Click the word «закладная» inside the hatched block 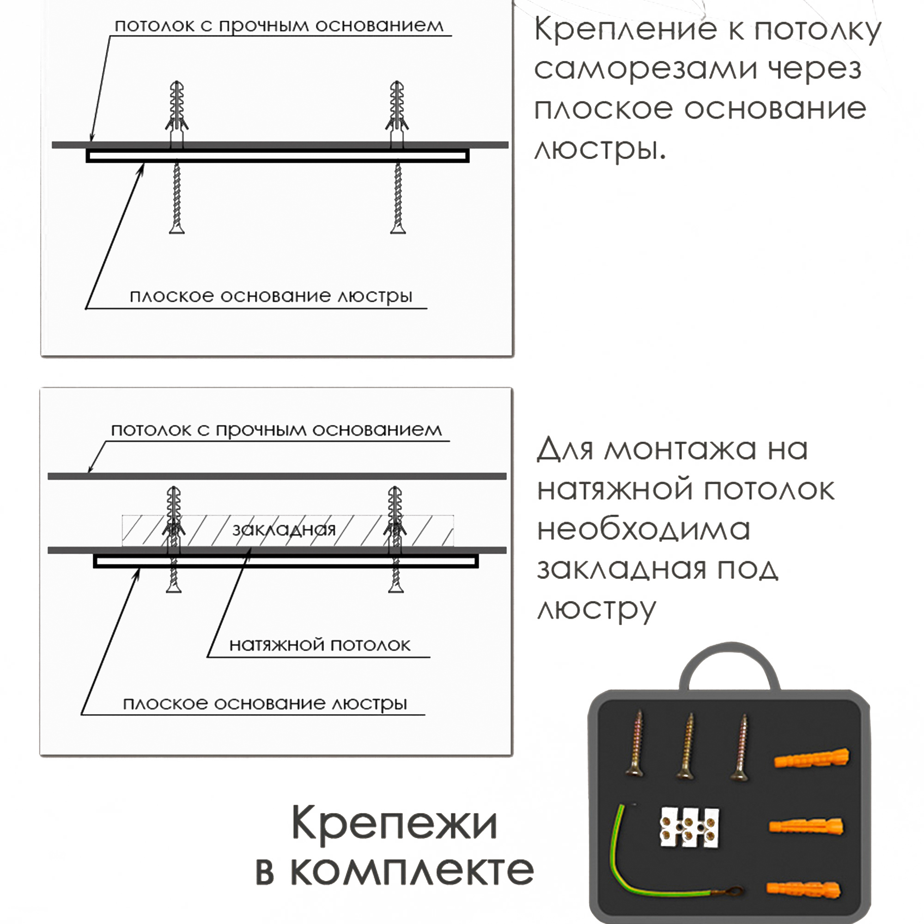[x=284, y=530]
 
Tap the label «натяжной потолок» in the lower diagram [x=320, y=645]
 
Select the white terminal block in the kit [x=689, y=828]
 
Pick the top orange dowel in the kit [x=811, y=759]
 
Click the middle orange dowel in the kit [x=806, y=827]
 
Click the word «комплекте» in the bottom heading [x=412, y=870]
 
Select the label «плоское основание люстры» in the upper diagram [x=271, y=297]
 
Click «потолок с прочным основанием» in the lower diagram [x=276, y=430]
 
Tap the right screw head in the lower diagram [x=395, y=588]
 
